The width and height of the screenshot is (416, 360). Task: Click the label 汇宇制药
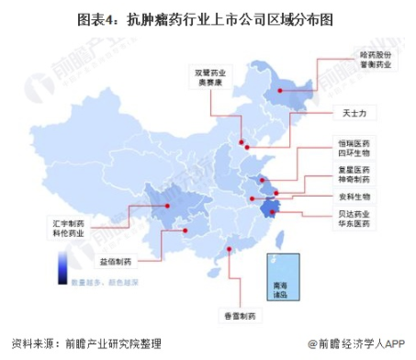(73, 222)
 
